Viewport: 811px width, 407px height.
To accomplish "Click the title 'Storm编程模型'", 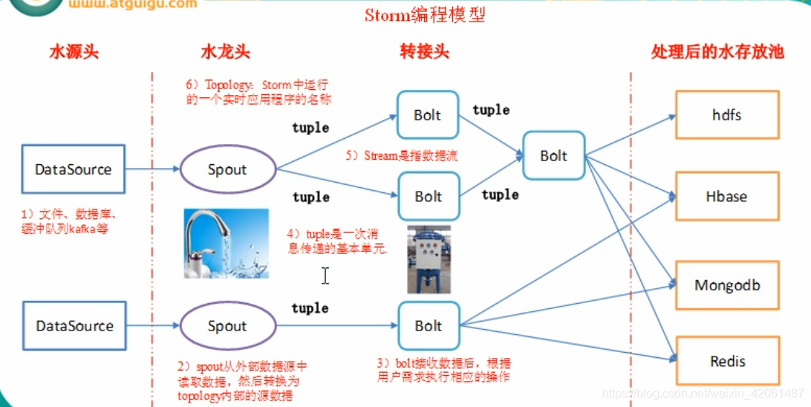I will (x=425, y=15).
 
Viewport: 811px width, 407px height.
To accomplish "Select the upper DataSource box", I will (x=74, y=169).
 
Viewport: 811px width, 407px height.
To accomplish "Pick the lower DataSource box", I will (x=74, y=325).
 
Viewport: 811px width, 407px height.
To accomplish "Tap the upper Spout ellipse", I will (x=227, y=169).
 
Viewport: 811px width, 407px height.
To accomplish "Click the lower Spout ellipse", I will (x=227, y=326).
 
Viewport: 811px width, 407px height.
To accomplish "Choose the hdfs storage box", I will (x=726, y=115).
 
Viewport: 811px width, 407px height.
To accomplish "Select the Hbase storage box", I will (x=726, y=197).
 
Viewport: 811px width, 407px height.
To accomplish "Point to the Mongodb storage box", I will (x=726, y=285).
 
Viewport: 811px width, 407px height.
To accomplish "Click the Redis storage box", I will (x=726, y=362).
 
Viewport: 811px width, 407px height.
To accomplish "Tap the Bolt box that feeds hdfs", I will (x=554, y=156).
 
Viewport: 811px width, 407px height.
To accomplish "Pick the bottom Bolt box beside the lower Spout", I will (x=428, y=326).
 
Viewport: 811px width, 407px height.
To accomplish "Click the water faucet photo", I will (x=227, y=244).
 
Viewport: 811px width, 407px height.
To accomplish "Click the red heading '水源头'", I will (x=74, y=53).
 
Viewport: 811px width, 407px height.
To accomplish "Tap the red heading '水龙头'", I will (x=225, y=53).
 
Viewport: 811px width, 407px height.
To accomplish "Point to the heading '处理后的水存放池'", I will (x=717, y=52).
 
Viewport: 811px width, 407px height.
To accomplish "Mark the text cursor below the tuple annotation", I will (x=325, y=276).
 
